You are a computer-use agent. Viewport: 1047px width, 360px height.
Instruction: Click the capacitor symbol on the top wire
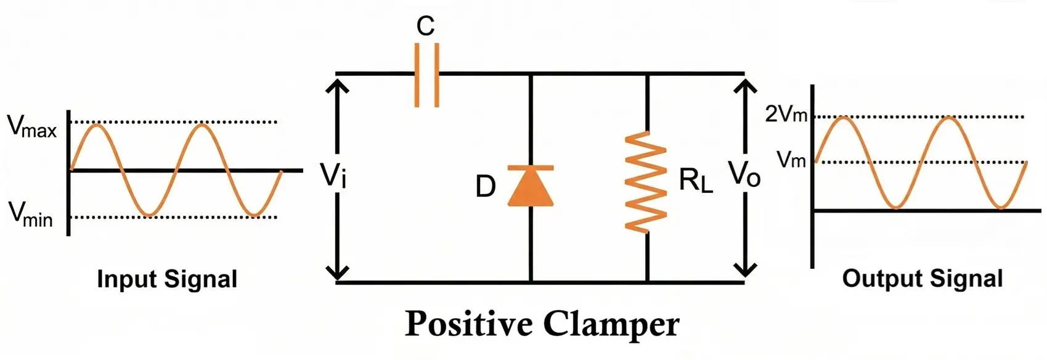pos(426,75)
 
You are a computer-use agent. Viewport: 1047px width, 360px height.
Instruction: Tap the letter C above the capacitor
pos(425,27)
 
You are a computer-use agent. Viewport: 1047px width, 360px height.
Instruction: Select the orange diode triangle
pos(530,187)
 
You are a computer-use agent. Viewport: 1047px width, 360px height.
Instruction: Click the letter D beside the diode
pos(486,186)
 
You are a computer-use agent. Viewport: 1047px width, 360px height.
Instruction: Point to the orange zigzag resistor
pos(646,182)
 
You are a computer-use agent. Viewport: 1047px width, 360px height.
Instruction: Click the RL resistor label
pos(696,181)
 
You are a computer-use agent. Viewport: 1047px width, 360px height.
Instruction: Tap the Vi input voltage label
pos(333,175)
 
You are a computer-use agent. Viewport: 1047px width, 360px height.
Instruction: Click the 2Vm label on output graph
pos(786,114)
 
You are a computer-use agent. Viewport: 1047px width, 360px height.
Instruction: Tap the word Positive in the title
pos(469,324)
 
